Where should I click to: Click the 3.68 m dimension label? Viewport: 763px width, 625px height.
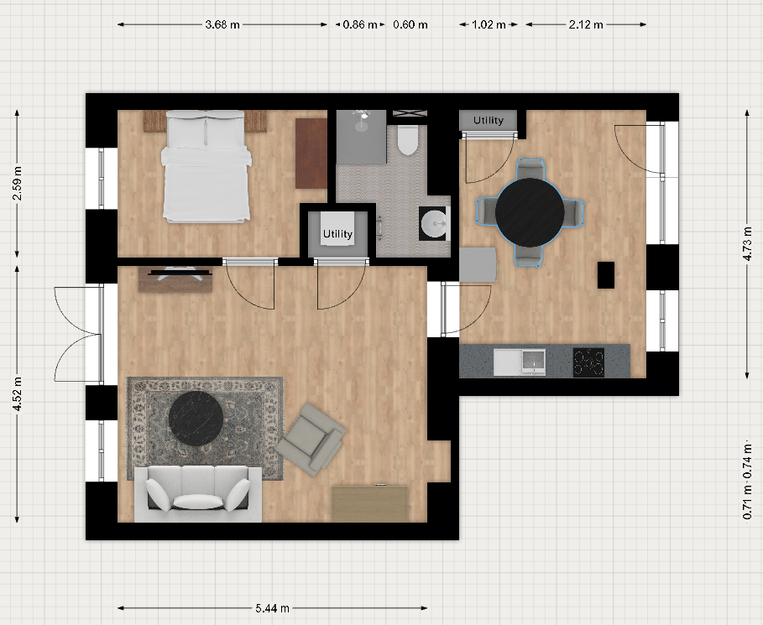point(222,24)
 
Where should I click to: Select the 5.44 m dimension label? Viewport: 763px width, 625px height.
point(273,608)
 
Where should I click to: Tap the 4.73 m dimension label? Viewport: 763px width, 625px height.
point(748,244)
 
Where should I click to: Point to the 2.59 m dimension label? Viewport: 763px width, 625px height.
point(18,183)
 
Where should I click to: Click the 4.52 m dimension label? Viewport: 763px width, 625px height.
point(18,394)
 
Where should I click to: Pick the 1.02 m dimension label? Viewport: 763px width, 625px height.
point(489,24)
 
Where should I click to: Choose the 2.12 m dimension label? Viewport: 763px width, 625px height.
point(586,24)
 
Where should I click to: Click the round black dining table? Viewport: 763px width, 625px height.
point(530,212)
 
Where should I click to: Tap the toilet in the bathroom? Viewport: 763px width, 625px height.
point(408,139)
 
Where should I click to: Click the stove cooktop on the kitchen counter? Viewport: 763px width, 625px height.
point(588,362)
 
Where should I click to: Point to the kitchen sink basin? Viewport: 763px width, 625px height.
point(533,362)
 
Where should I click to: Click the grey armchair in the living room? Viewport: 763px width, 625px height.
point(311,439)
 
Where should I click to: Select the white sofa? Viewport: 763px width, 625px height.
point(198,494)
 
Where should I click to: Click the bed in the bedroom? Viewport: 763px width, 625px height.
point(206,166)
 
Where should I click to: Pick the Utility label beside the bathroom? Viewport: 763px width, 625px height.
point(337,234)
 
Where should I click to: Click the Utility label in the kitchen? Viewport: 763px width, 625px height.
point(488,120)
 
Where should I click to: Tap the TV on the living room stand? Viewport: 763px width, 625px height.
point(180,273)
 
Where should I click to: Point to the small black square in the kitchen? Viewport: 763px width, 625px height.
point(606,275)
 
